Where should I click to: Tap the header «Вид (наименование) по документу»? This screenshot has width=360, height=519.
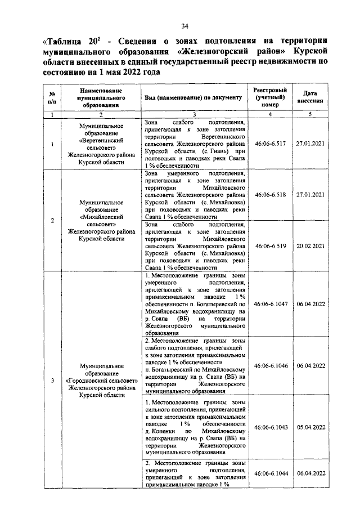coord(193,97)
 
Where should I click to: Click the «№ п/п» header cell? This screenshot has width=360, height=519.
coord(52,97)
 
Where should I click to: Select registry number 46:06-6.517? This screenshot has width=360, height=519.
coord(271,144)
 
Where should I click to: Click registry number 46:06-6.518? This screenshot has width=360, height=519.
coord(271,194)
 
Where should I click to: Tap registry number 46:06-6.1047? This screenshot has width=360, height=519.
coord(271,304)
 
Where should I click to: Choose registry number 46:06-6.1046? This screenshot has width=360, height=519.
coord(271,366)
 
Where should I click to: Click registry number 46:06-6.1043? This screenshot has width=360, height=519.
coord(271,427)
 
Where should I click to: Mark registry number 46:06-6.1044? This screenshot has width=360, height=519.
coord(271,473)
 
